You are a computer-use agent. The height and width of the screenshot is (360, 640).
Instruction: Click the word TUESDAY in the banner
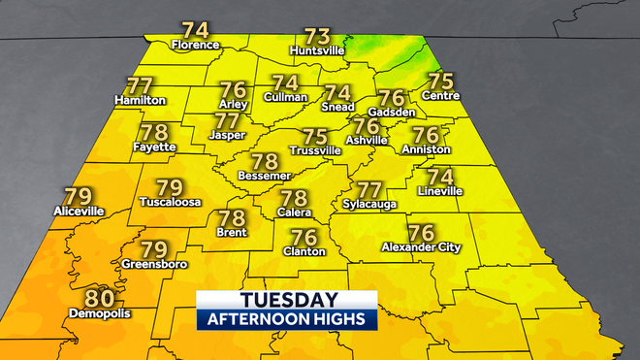[287, 301]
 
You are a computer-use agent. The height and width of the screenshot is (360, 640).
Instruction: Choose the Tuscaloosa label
[169, 203]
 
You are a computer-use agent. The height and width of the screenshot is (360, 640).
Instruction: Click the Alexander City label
[421, 247]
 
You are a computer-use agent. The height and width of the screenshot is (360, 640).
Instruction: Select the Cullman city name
[285, 97]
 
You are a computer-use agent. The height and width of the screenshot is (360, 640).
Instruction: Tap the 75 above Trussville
[316, 137]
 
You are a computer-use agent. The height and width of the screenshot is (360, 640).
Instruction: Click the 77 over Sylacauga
[369, 189]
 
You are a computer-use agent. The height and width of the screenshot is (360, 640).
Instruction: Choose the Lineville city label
[439, 191]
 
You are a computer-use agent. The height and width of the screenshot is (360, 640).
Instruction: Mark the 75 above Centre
[441, 81]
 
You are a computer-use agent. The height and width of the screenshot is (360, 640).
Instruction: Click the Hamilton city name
[141, 100]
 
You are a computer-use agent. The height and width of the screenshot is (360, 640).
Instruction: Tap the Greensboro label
[155, 263]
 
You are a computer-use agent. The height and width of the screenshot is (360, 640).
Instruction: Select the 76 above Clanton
[304, 237]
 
